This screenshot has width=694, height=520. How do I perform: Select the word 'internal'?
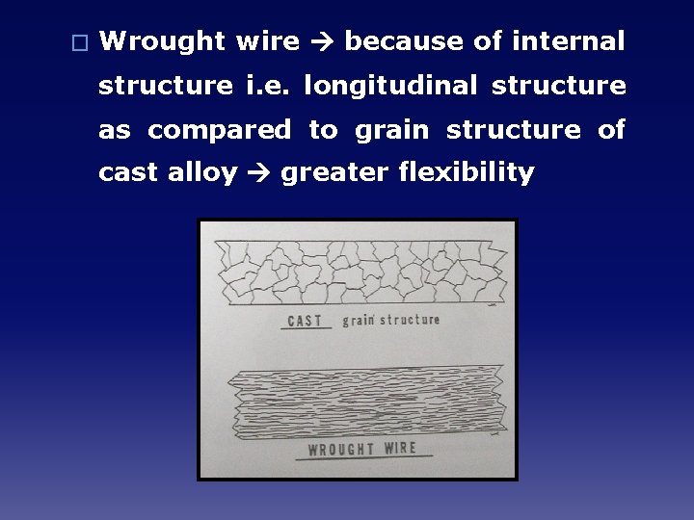coord(569,41)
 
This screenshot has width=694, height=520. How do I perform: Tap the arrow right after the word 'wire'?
coord(321,41)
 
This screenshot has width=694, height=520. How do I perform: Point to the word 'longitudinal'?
coord(390,86)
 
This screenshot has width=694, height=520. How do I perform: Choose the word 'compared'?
coord(219,130)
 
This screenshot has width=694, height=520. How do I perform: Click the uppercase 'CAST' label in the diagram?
coord(306,321)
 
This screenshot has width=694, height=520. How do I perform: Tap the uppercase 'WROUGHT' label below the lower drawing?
coord(342,450)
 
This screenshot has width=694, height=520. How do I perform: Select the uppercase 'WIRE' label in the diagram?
coord(400,448)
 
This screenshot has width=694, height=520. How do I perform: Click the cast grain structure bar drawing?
coord(359,271)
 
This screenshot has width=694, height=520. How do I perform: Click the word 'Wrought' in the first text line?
coord(162,41)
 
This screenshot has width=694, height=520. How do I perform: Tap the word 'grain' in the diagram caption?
coord(359,320)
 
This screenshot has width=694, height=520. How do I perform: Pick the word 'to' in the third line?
coord(323,130)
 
